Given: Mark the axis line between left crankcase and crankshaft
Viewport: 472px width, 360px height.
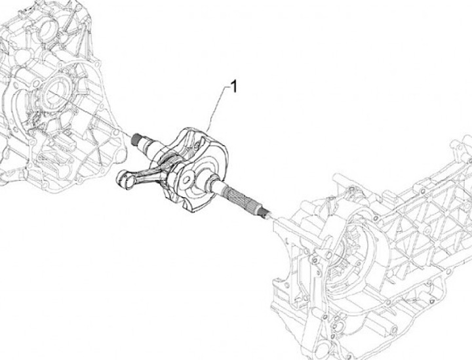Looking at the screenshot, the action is pyautogui.click(x=105, y=122).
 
